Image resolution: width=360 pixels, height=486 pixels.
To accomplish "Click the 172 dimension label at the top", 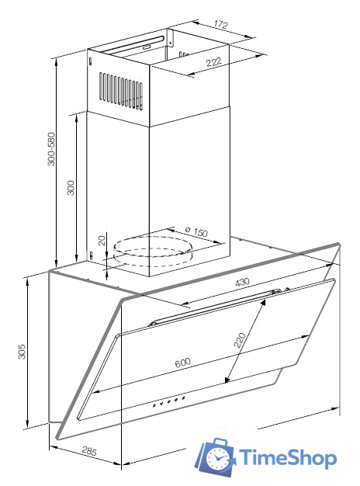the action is (220, 25).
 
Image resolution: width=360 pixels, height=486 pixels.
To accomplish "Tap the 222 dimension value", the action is (214, 62).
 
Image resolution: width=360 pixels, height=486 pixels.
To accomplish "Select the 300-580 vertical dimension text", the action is (51, 149).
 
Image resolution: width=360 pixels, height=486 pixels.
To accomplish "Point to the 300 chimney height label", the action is (71, 188).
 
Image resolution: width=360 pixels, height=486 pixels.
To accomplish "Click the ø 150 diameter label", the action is (196, 231).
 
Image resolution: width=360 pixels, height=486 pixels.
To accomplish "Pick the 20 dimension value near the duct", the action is (102, 240).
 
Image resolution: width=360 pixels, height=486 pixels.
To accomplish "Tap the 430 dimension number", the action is (242, 282).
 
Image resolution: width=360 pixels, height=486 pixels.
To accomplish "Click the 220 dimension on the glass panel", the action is (240, 340).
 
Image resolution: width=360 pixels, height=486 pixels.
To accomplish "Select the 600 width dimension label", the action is (183, 363).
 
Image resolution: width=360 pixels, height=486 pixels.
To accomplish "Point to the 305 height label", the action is (22, 351).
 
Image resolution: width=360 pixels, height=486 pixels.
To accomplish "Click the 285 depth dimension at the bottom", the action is (89, 450).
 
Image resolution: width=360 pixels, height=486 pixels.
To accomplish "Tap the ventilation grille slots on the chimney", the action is (121, 91).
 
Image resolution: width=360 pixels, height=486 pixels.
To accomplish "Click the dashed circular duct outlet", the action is (153, 252).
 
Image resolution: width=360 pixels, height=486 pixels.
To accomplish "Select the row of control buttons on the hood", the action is (169, 401).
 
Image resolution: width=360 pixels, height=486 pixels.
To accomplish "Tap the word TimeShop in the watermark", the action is (288, 458).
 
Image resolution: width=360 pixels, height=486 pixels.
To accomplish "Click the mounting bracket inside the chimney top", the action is (169, 39).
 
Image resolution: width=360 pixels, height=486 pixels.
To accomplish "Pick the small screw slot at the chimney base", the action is (91, 255).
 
